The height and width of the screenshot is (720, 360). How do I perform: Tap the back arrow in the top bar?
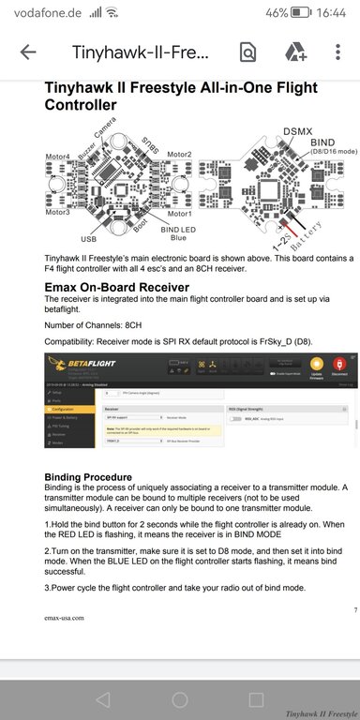click(x=27, y=52)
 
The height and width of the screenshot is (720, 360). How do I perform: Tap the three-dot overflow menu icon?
click(x=337, y=52)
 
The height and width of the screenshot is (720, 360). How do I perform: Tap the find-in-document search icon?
click(x=248, y=52)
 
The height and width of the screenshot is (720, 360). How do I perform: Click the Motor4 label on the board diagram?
click(x=58, y=156)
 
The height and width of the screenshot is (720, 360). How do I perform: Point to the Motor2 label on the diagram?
click(x=179, y=154)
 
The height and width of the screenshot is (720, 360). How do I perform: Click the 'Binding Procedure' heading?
click(x=95, y=477)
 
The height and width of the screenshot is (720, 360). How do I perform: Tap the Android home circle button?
click(x=180, y=699)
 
